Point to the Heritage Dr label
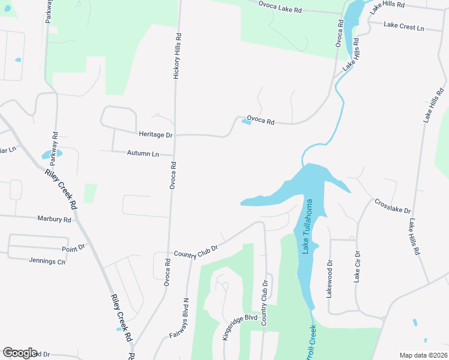point(155,135)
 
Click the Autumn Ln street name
point(143,153)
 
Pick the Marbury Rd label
point(54,219)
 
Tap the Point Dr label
point(73,247)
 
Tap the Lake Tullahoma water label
point(309,227)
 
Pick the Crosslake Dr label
point(392,206)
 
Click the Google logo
point(20,353)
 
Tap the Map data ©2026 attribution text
point(423,355)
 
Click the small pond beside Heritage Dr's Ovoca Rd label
point(246,122)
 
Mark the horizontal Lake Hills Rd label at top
point(388,4)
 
